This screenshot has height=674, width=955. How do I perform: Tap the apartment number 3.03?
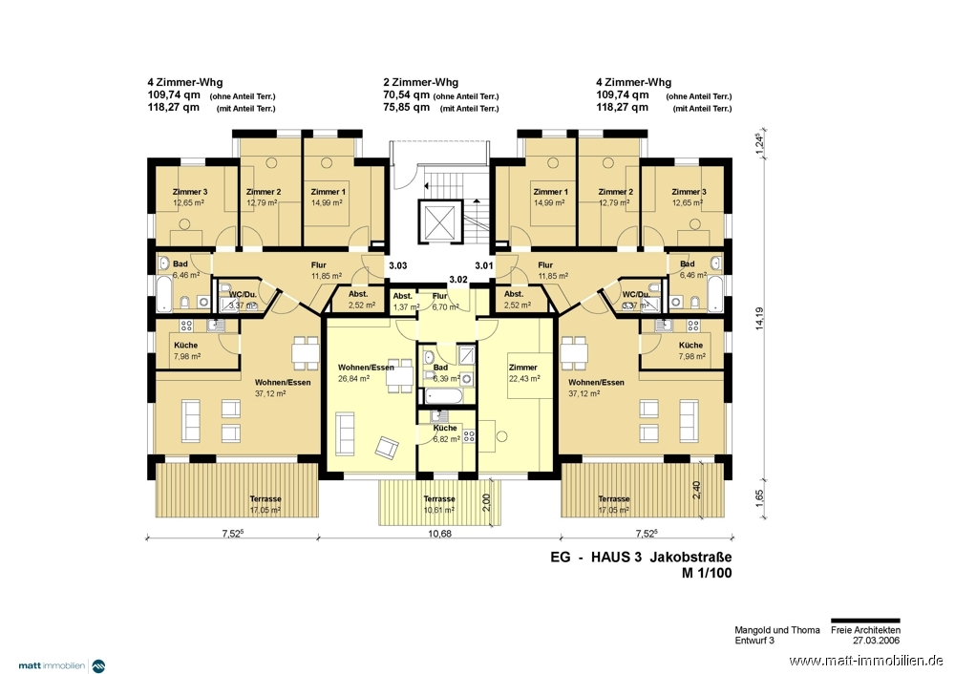pos(397,265)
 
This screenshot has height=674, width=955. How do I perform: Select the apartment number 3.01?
pos(484,265)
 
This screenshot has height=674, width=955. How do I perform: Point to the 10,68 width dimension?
pos(439,534)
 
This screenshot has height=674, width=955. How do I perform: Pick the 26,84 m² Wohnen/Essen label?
pos(366,372)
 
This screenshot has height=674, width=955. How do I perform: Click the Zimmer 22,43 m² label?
pos(523,372)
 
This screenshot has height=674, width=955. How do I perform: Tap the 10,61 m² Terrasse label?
pos(439,505)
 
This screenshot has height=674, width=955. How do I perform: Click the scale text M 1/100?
pos(708,574)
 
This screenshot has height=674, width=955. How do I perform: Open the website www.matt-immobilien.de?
pos(867,661)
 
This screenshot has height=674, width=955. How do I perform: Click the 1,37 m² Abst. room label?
pos(402,302)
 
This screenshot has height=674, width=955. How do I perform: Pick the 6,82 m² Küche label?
pos(446,433)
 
